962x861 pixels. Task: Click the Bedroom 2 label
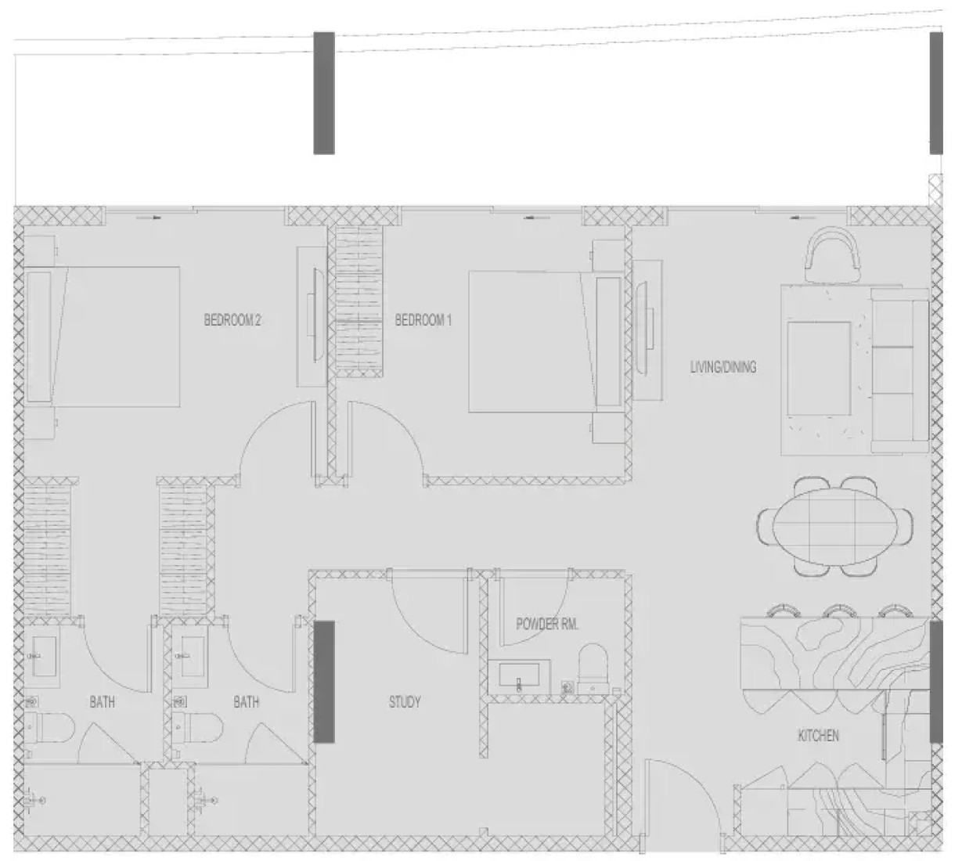coord(232,319)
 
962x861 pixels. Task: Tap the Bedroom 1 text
coord(423,320)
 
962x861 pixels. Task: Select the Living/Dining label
coord(723,367)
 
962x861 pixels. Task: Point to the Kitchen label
coord(818,736)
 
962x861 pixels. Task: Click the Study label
coord(405,702)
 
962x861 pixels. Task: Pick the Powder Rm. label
coord(547,624)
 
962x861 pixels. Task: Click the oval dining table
coord(834,526)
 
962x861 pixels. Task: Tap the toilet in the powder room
coord(593,668)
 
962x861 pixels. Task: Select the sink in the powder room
coord(519,676)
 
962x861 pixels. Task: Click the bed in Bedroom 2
coord(103,337)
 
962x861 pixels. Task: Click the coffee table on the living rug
coord(819,369)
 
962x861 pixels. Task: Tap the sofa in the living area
coord(900,369)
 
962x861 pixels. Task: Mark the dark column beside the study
coord(324,682)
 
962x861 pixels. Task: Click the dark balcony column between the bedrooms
coord(324,93)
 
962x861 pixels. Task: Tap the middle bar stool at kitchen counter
coord(839,611)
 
